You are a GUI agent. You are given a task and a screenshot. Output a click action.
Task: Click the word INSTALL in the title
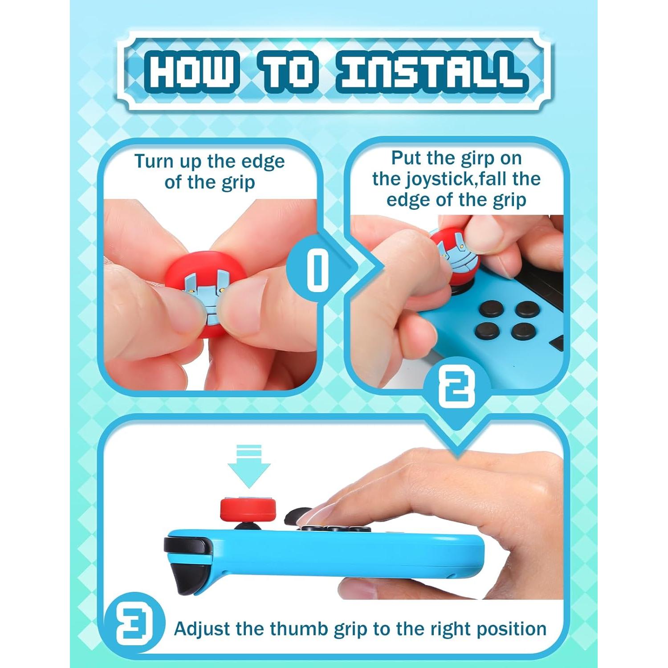pos(431,72)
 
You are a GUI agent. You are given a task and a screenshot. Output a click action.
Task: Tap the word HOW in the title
pos(191,72)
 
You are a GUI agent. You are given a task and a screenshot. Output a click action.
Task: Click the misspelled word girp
pos(474,158)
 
